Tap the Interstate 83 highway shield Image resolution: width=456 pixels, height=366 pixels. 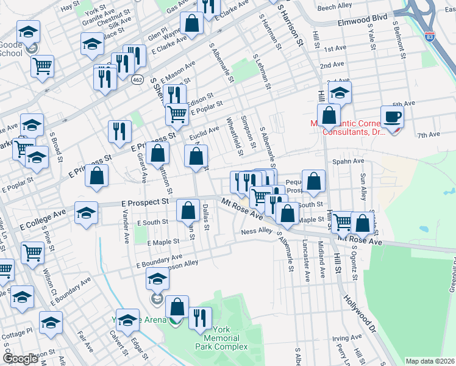tap(430, 37)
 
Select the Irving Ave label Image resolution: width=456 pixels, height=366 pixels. tap(348, 337)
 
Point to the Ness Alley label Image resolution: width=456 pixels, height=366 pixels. tap(257, 231)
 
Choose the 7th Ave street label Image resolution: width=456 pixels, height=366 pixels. tap(429, 134)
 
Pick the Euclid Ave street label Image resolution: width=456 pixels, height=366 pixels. tap(204, 131)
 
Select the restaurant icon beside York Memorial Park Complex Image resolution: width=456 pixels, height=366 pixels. tap(200, 317)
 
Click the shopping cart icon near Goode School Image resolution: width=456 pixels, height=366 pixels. tap(42, 65)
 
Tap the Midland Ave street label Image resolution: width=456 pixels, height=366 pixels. tap(321, 250)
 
